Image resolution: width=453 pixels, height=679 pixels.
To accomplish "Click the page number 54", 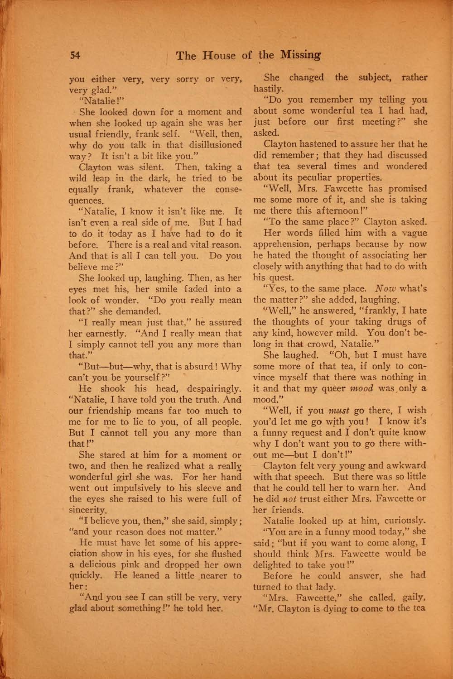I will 75,55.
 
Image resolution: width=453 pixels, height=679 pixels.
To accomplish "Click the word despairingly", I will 215,389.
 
